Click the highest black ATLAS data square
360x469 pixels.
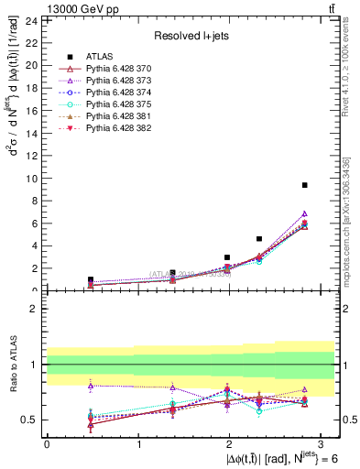[304, 185]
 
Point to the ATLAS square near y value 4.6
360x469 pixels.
[259, 239]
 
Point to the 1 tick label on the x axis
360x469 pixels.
[137, 444]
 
